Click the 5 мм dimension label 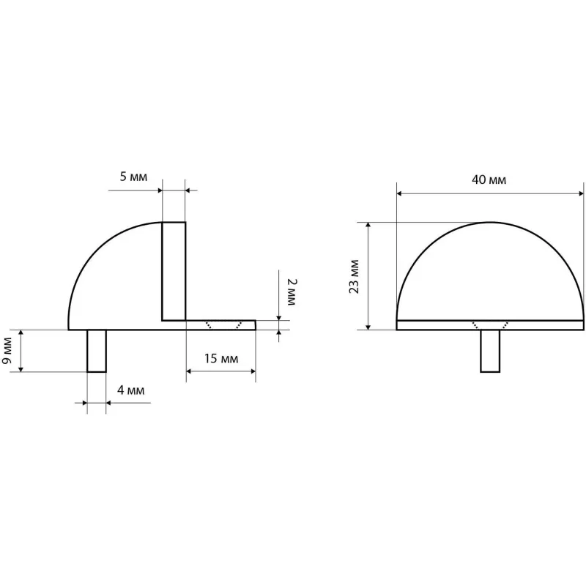pos(133,177)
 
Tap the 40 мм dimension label pos(489,179)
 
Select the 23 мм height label pos(354,277)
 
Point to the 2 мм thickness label pos(292,292)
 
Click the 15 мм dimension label pos(221,359)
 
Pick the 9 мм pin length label pos(7,351)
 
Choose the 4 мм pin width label pos(130,390)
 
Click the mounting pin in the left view pos(97,351)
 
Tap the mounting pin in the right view pos(490,351)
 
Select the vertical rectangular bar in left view pos(174,271)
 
